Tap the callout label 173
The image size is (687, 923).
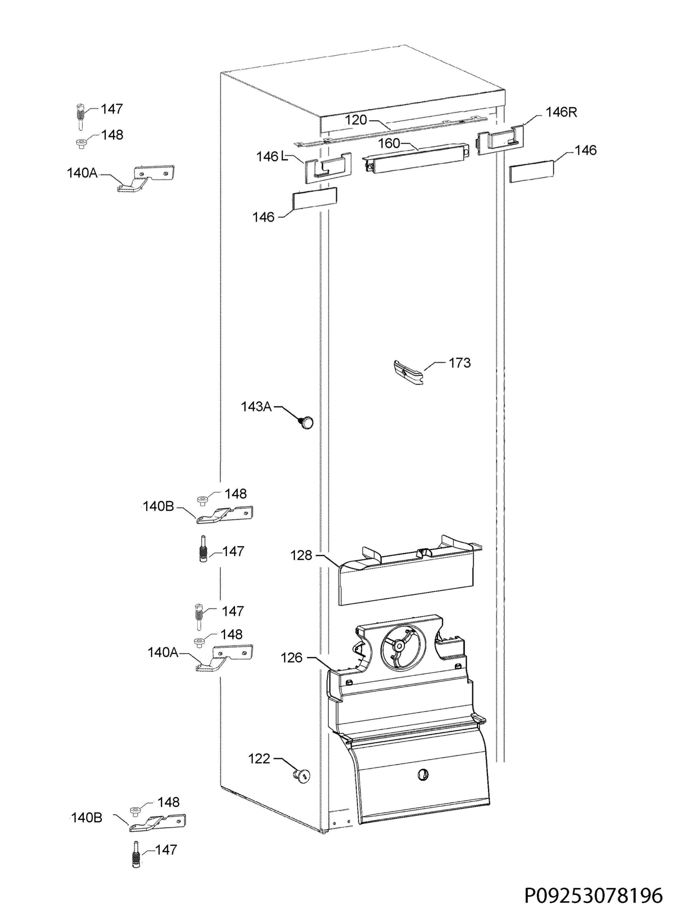[x=460, y=363]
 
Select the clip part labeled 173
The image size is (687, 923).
[x=409, y=372]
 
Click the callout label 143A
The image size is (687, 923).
[x=256, y=406]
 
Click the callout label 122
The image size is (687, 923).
[x=259, y=759]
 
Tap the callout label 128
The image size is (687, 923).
[x=301, y=555]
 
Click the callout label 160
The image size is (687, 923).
[x=389, y=143]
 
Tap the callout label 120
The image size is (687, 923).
[x=356, y=120]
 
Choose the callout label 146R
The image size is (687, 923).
[x=562, y=112]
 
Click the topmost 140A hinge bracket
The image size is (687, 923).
[x=145, y=178]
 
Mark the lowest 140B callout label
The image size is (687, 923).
[x=87, y=818]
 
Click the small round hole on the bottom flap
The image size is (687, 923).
[x=422, y=774]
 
